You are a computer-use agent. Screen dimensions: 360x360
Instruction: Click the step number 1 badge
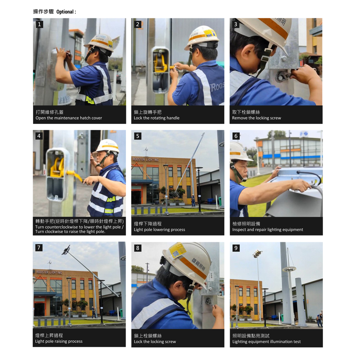coord(39,24)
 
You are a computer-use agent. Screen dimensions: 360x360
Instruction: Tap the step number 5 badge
coord(138,136)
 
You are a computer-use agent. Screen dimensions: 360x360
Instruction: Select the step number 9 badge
coord(236,248)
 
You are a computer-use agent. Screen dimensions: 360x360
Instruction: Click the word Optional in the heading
coord(65,12)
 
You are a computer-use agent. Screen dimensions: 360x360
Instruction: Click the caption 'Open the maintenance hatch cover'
coord(69,118)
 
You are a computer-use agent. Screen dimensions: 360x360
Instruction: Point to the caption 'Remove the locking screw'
coord(256,118)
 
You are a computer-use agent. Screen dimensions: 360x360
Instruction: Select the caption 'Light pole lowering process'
coord(159,230)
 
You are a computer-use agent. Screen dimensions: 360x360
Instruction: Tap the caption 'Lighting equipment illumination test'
coord(266,342)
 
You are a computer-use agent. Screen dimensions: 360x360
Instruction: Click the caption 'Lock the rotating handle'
coord(157,118)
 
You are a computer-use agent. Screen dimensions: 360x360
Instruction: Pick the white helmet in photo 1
coord(100,42)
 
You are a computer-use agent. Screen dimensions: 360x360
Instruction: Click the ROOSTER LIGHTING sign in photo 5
coord(145,159)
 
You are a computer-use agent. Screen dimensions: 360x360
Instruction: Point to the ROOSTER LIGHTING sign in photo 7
coord(49,272)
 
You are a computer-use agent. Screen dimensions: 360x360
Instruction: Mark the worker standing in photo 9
coord(319,320)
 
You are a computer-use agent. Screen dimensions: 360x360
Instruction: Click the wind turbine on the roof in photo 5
coord(145,152)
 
